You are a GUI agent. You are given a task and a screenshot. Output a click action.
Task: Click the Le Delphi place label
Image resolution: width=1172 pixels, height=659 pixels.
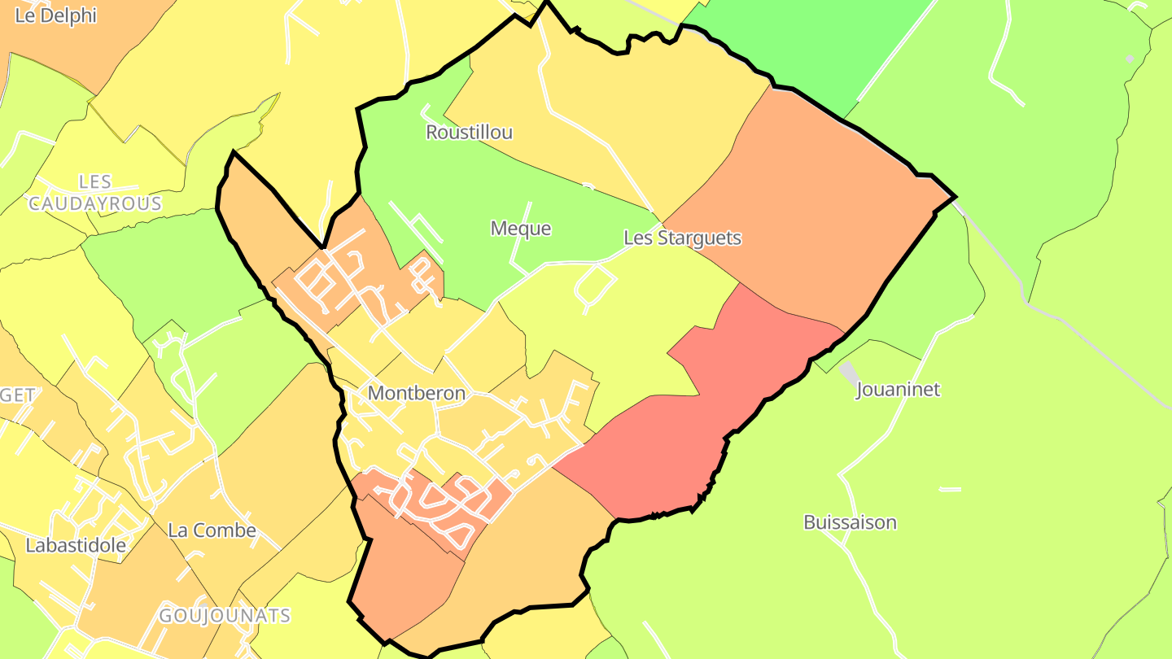56,15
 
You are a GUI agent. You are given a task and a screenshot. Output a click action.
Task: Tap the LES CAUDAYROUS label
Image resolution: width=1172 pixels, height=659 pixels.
95,193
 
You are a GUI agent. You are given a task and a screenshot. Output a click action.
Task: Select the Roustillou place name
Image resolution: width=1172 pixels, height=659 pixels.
470,132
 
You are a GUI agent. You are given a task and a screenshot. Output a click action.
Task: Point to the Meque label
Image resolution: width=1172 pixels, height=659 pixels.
521,229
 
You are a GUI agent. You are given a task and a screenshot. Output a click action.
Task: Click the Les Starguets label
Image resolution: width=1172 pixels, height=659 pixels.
682,238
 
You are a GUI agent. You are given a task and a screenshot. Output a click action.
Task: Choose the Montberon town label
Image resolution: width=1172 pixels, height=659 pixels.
417,393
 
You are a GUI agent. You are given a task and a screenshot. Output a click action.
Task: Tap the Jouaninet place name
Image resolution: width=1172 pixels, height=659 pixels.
898,389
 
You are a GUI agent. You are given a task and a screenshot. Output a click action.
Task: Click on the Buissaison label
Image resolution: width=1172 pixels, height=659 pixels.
850,522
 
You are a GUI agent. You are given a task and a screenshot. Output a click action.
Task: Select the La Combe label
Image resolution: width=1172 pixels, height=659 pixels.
212,530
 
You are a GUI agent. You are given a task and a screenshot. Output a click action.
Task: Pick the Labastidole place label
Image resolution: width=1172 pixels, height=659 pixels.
76,545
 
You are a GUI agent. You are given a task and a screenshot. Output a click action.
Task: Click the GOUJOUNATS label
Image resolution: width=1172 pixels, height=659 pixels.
225,615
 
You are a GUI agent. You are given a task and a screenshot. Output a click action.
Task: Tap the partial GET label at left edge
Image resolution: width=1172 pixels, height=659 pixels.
18,395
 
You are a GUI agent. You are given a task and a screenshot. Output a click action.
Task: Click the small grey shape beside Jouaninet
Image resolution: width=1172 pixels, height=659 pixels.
848,373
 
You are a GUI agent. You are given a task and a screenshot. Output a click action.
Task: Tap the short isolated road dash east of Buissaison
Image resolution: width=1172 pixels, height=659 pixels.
950,489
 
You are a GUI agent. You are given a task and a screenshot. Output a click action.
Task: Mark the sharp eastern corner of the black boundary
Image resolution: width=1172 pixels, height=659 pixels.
954,197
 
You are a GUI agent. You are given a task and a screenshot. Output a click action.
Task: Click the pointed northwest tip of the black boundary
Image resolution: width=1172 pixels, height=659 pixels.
233,152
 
